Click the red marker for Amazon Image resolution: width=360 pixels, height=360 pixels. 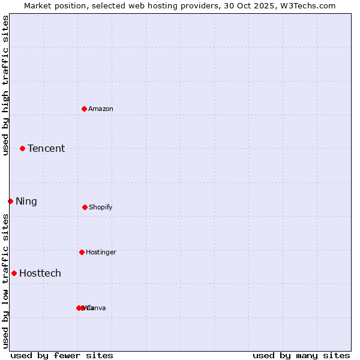[x=85, y=109]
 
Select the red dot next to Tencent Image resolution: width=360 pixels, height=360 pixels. [x=22, y=148]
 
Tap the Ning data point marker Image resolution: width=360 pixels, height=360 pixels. [x=10, y=201]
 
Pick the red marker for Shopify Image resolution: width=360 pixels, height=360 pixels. [x=85, y=207]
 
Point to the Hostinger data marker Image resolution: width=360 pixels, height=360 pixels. [x=82, y=252]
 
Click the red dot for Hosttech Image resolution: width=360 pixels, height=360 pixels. [x=14, y=273]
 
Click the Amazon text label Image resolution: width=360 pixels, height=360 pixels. [x=101, y=109]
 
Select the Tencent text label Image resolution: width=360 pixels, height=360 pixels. [x=46, y=148]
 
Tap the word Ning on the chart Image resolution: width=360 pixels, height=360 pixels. [x=26, y=201]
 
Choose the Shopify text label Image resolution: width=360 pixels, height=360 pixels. [x=101, y=207]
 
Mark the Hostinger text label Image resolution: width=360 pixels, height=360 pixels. [x=101, y=252]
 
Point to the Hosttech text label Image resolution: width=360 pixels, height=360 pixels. [x=40, y=273]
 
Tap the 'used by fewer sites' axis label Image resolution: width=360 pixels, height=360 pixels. [x=62, y=355]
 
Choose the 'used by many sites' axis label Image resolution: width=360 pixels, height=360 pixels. [x=301, y=355]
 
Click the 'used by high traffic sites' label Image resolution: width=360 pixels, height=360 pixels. [x=5, y=85]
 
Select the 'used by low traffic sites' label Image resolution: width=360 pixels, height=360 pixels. [x=5, y=281]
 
